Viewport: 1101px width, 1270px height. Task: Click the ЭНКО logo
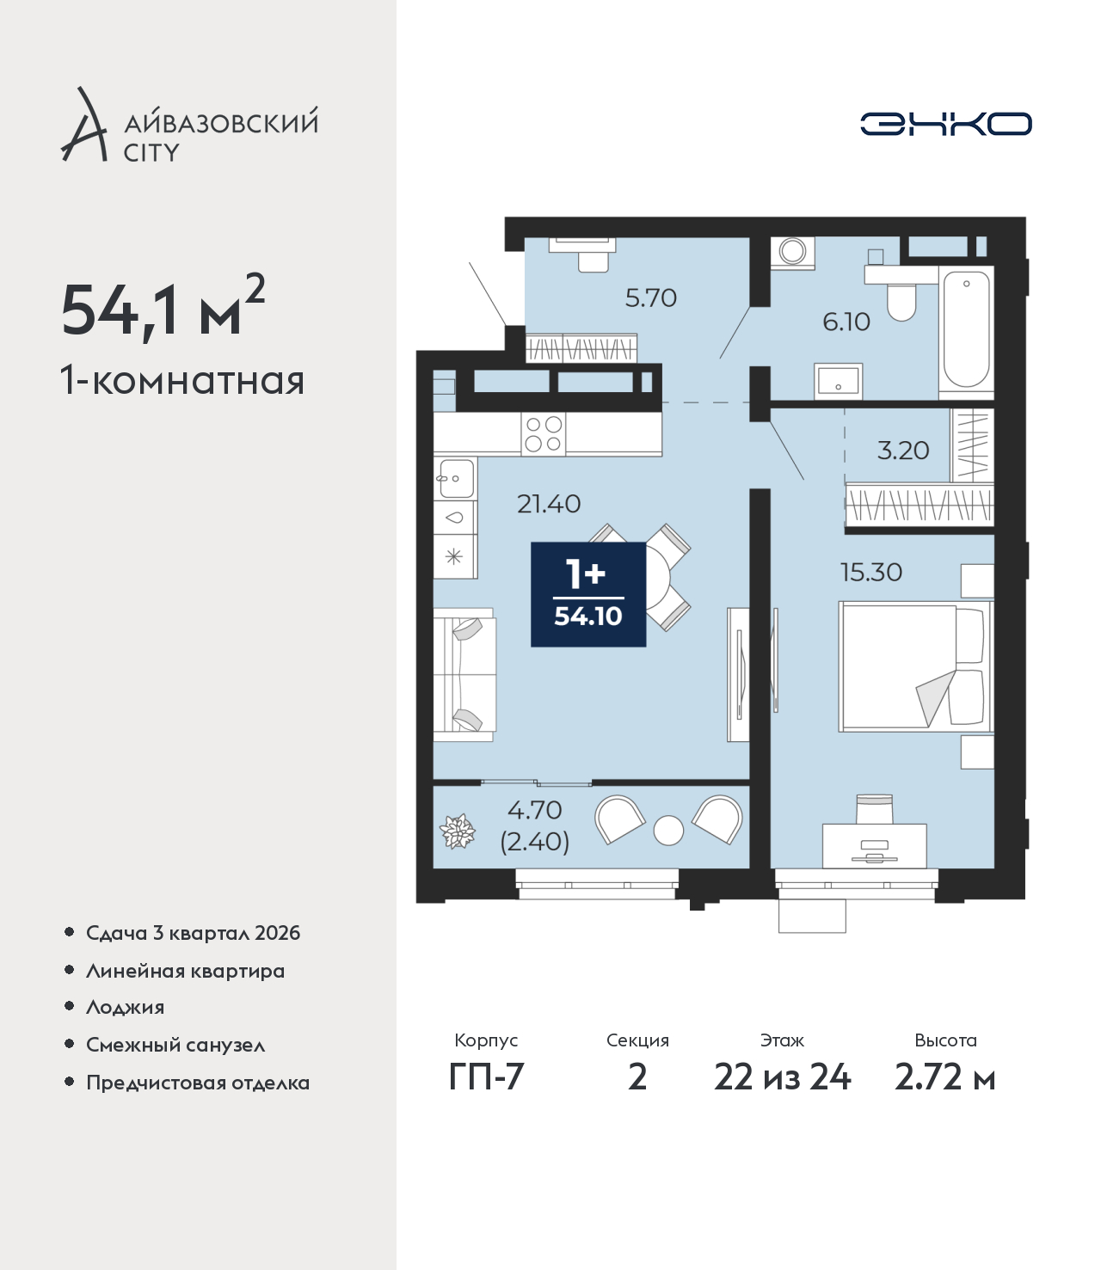point(945,124)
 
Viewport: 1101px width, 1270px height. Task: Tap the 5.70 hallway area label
point(650,298)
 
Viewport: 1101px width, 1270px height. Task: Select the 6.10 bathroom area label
point(846,322)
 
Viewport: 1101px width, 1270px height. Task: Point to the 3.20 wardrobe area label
point(902,451)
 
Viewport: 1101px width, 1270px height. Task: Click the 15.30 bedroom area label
point(871,572)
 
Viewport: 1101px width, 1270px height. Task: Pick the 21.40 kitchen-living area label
point(548,504)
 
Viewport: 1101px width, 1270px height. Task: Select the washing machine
point(792,252)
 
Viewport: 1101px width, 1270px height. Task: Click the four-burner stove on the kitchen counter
point(544,433)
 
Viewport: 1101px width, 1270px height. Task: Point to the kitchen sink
point(456,479)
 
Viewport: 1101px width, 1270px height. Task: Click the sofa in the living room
point(464,675)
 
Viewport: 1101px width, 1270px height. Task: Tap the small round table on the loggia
point(668,831)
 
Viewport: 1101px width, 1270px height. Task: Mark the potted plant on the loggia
point(458,831)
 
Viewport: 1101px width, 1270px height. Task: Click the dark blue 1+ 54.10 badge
point(588,594)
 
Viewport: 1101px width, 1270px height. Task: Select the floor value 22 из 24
point(782,1077)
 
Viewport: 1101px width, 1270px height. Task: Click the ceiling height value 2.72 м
point(944,1077)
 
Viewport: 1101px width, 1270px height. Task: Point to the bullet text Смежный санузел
point(175,1045)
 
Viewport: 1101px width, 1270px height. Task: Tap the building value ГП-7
point(486,1077)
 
